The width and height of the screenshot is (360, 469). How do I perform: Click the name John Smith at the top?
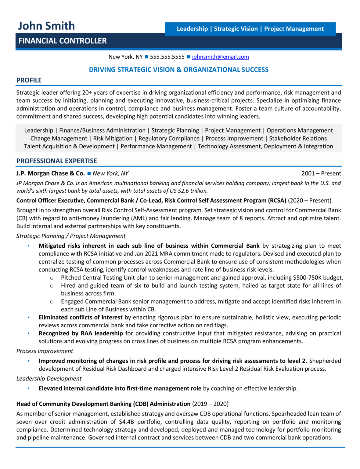[46, 26]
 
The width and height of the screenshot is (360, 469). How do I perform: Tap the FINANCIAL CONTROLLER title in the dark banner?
[63, 41]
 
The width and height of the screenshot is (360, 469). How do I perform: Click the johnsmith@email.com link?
[220, 57]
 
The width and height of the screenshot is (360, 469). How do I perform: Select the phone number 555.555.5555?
[167, 57]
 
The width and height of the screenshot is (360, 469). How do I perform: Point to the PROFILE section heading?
[29, 80]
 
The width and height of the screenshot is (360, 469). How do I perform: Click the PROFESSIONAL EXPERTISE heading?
[57, 161]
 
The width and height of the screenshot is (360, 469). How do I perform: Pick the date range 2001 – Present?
[321, 173]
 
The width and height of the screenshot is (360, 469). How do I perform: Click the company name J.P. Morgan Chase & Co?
[51, 173]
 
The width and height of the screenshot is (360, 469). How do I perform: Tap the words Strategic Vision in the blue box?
[236, 29]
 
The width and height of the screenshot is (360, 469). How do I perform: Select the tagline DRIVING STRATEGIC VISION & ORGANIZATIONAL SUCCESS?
[179, 70]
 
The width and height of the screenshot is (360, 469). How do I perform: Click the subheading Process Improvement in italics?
[45, 351]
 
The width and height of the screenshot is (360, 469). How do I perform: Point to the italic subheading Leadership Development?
[49, 379]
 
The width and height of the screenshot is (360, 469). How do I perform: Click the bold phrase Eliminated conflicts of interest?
[81, 318]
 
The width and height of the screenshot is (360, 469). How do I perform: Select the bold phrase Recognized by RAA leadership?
[81, 333]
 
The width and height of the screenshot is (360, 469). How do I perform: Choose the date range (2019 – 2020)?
[210, 404]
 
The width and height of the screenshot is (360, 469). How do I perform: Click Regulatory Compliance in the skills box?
[169, 139]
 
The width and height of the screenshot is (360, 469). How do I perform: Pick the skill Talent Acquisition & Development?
[70, 147]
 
